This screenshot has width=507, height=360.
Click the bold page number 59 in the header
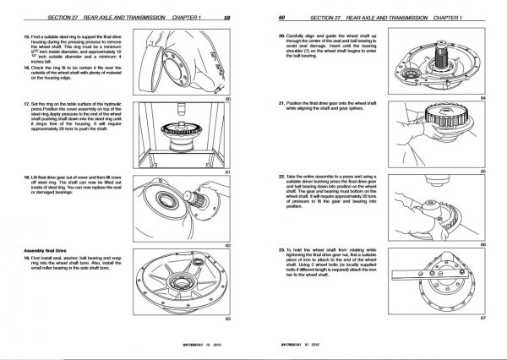pos(227,18)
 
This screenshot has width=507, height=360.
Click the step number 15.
pos(16,38)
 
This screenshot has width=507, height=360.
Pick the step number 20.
pos(281,36)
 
